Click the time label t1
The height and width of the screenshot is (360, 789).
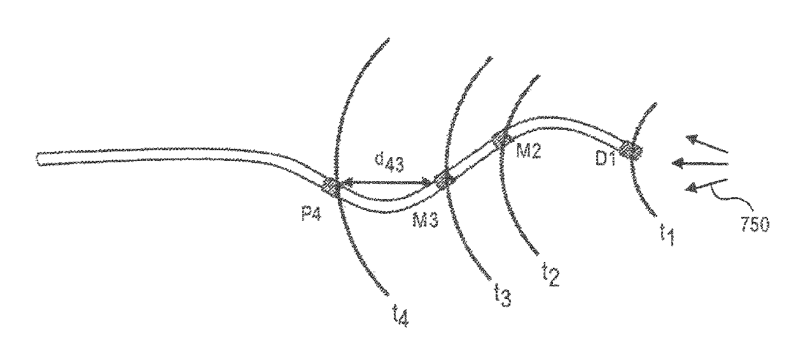(666, 239)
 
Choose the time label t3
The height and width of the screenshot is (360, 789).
(502, 297)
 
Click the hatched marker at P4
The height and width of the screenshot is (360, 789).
(332, 186)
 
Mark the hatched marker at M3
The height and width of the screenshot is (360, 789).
(442, 181)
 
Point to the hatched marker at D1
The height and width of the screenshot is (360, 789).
(631, 150)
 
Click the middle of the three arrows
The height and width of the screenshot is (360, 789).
(700, 165)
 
